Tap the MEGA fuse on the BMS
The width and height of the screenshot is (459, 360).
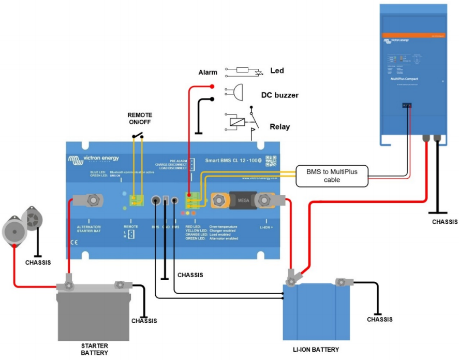click(242, 199)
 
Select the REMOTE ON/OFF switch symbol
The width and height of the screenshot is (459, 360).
click(138, 136)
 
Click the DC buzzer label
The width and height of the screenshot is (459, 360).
click(280, 95)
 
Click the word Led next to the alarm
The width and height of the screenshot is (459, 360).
click(277, 70)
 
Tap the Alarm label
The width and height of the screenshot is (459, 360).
click(208, 73)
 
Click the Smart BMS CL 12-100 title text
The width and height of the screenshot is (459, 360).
click(233, 161)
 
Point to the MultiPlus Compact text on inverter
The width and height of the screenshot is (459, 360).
click(404, 79)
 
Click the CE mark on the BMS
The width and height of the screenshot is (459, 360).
click(73, 242)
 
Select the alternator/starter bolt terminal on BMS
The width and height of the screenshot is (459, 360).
click(94, 199)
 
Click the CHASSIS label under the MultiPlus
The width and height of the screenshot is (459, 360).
click(445, 221)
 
